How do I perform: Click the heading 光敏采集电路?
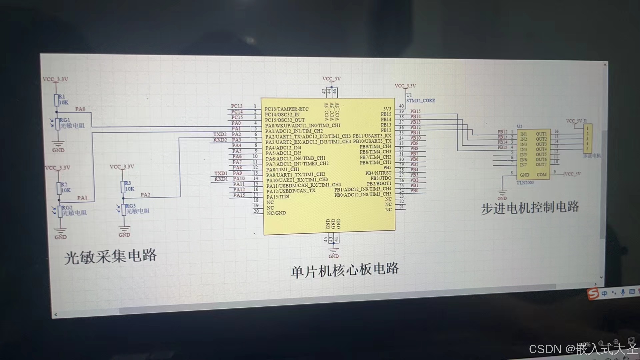tap(110, 256)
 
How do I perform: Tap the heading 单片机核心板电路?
tap(345, 270)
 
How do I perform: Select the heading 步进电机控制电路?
tap(530, 208)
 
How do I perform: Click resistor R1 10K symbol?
tap(57, 100)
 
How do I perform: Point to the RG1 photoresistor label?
tap(65, 120)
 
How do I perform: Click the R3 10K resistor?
tap(123, 187)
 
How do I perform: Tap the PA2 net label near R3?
tap(145, 195)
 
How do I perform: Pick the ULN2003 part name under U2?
tap(525, 183)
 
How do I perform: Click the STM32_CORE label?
tap(420, 100)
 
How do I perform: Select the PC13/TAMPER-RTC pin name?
tap(287, 109)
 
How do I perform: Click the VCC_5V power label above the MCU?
tap(331, 79)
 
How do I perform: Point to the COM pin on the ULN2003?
tap(541, 175)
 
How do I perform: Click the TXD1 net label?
tap(221, 173)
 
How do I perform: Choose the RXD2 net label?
tap(220, 140)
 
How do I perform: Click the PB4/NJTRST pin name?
tap(378, 173)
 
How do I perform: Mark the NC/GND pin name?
tap(276, 213)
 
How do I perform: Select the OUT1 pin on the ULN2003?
tap(541, 134)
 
